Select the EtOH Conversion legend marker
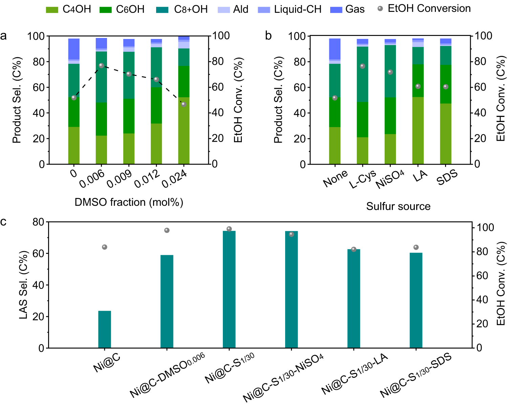380,9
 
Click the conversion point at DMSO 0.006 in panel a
101,65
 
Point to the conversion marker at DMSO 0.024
184,104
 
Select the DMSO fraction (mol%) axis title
129,202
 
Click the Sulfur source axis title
398,206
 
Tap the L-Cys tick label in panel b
362,179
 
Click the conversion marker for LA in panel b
418,86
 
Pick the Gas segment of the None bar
335,49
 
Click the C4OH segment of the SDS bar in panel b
446,134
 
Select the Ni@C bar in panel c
105,329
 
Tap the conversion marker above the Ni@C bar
105,247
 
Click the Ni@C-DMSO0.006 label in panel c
167,374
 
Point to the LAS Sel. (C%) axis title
23,285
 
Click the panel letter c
3,222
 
